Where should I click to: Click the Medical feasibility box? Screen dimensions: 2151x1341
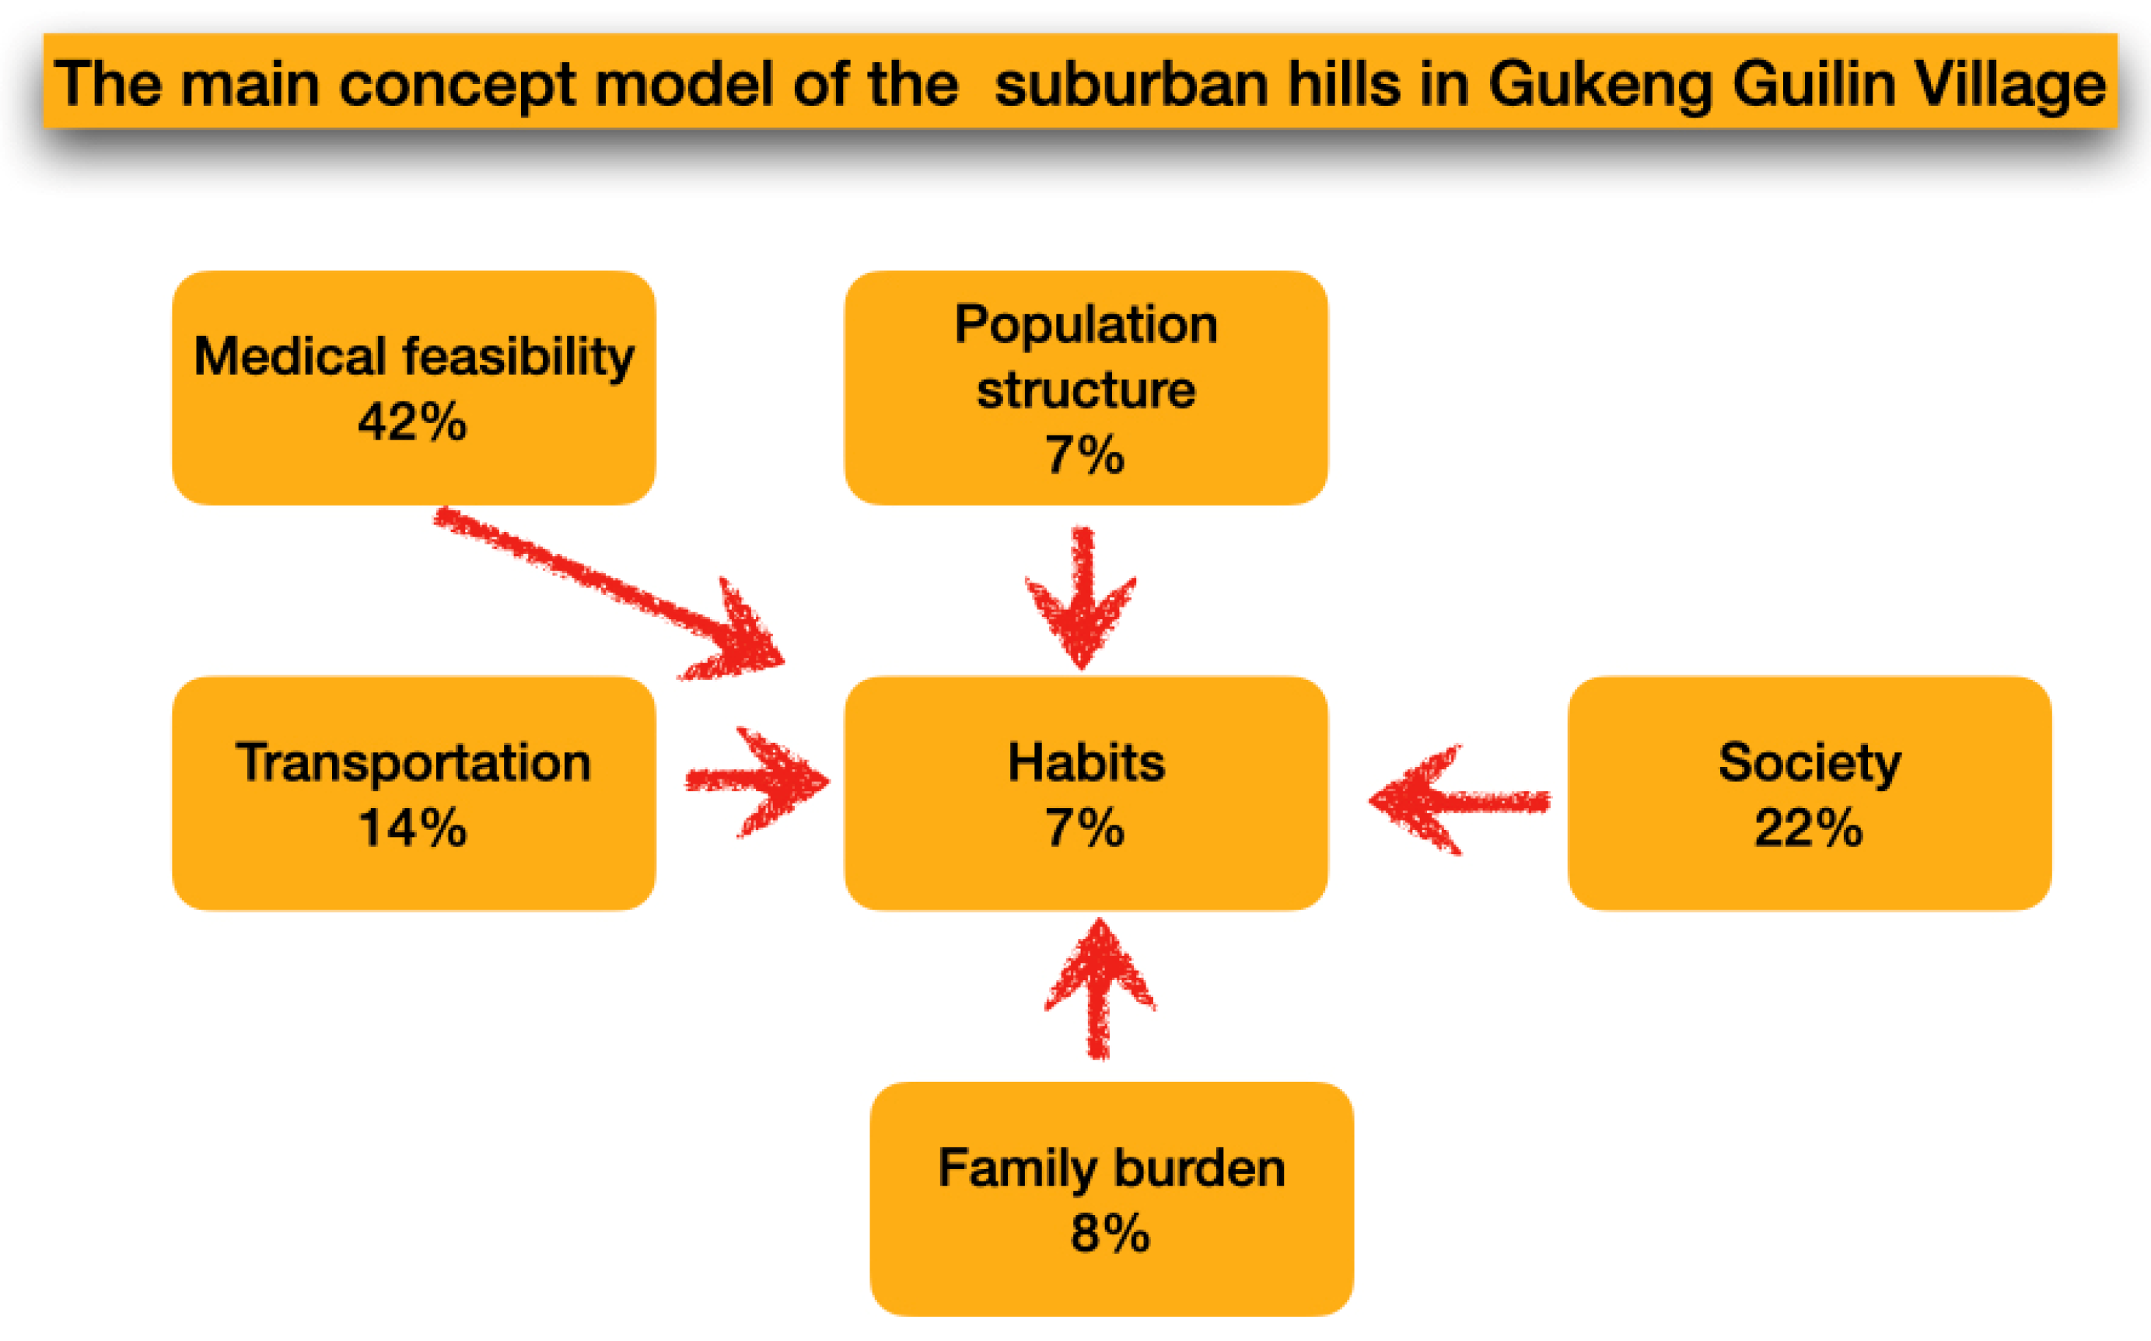click(413, 387)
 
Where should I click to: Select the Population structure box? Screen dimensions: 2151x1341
click(1086, 387)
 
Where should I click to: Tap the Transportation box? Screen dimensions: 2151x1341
click(413, 793)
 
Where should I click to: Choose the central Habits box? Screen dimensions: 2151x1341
click(1086, 793)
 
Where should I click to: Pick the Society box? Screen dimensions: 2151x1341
click(1810, 793)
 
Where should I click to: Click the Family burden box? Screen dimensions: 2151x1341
click(1112, 1199)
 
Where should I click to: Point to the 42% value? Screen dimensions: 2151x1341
click(412, 422)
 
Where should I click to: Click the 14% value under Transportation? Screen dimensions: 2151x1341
click(412, 828)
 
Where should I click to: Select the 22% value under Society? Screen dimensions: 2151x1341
click(1809, 828)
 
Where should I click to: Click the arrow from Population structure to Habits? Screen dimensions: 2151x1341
click(1082, 599)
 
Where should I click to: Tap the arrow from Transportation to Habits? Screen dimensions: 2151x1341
click(758, 782)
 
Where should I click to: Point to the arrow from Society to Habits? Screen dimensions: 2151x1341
click(1460, 800)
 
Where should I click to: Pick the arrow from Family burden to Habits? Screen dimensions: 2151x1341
click(1100, 989)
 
